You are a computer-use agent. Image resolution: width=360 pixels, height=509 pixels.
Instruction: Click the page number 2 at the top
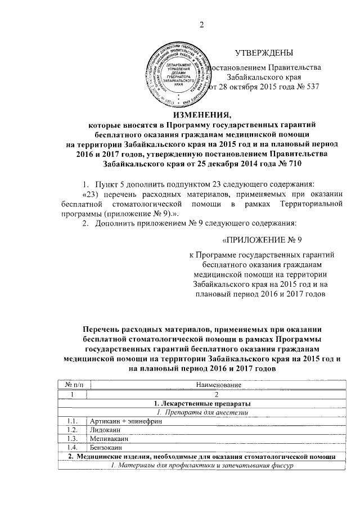coord(201,23)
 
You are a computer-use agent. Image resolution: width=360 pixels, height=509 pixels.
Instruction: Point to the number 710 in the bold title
coord(290,164)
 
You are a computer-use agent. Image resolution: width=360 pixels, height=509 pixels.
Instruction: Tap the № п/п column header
coord(72,384)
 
